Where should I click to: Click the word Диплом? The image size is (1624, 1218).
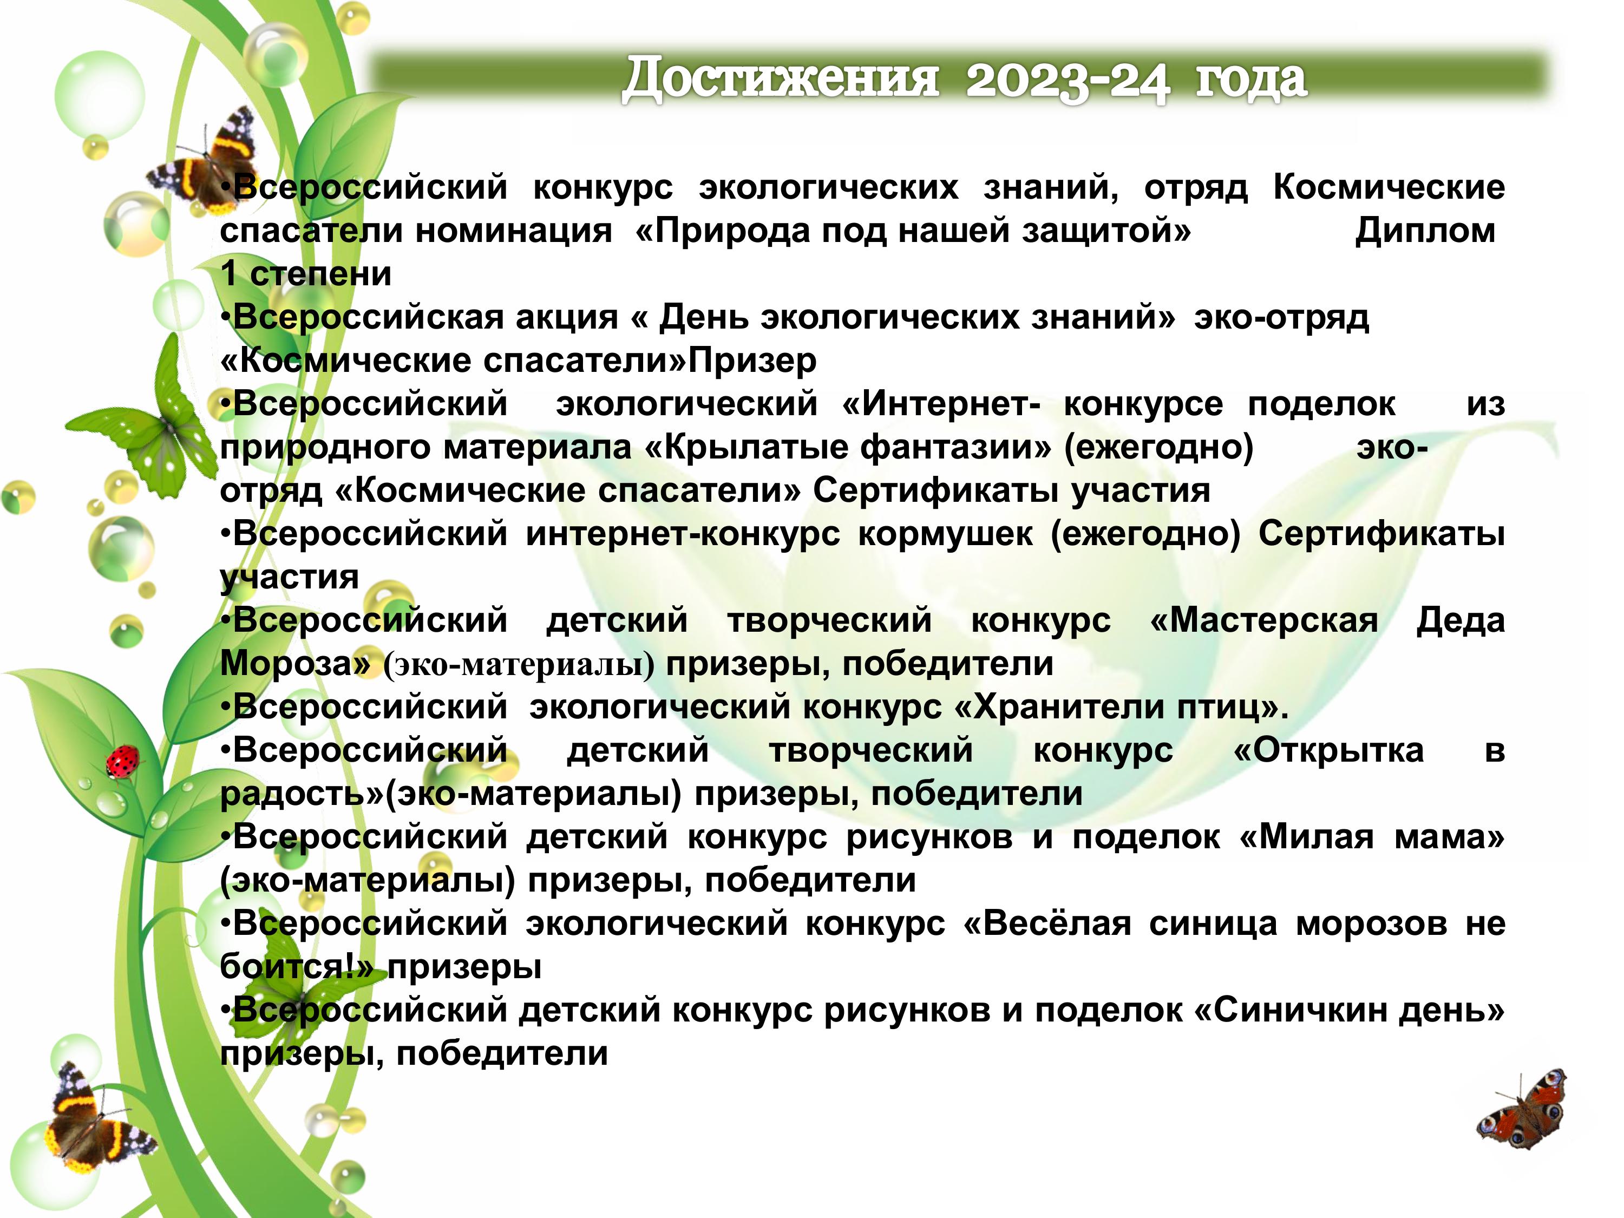[x=1425, y=231]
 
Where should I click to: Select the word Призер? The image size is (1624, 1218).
[x=752, y=361]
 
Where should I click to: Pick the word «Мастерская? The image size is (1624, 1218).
[x=1263, y=620]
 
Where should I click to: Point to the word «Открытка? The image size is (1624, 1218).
[x=1329, y=750]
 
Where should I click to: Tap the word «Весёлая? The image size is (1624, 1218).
[x=1047, y=923]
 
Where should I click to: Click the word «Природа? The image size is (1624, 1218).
[x=719, y=231]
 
